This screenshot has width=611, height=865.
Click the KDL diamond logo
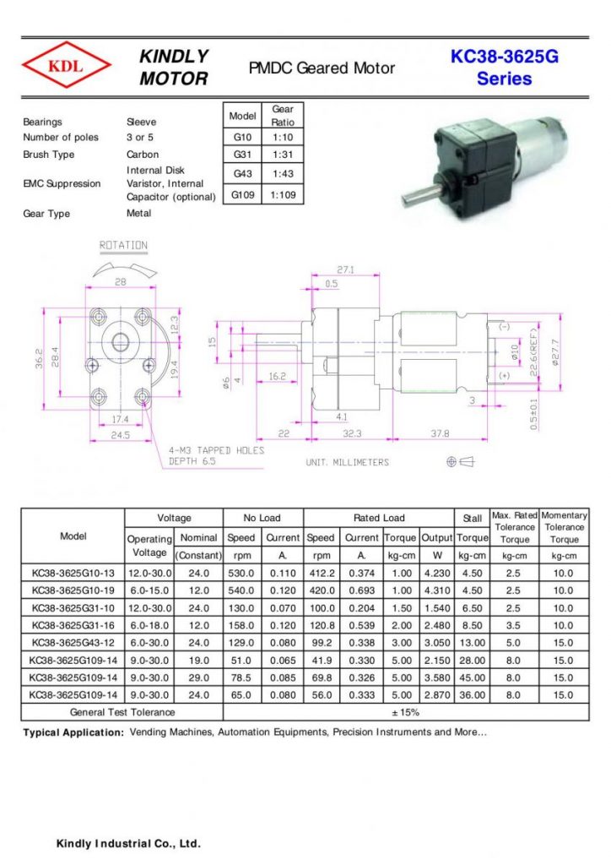coord(66,67)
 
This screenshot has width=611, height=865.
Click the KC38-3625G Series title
coord(504,68)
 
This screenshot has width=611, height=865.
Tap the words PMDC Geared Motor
coord(322,68)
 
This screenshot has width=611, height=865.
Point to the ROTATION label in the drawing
coord(123,246)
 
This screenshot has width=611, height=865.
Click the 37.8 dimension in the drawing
coord(440,433)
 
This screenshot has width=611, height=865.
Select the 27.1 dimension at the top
coord(345,270)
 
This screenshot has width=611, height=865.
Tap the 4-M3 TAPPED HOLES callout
coord(215,455)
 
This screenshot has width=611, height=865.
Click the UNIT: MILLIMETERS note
coord(347,462)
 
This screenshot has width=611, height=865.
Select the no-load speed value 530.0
coord(241,574)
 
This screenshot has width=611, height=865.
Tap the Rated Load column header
coord(378,518)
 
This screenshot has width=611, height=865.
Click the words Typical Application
coord(73,732)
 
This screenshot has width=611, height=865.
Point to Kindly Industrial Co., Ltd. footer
coord(127,844)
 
